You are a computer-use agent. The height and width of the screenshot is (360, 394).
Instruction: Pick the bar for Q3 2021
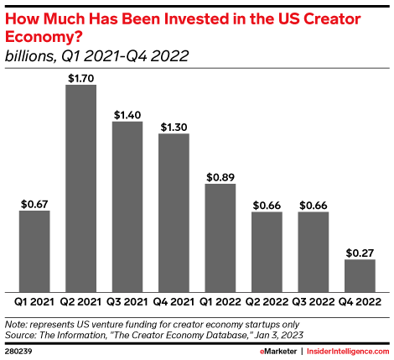(127, 206)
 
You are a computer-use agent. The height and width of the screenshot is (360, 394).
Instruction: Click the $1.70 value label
(81, 76)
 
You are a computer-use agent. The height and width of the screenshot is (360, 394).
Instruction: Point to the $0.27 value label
(360, 251)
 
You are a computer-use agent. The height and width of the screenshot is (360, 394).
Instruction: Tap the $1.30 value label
(174, 125)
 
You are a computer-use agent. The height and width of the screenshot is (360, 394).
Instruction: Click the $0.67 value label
(34, 202)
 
